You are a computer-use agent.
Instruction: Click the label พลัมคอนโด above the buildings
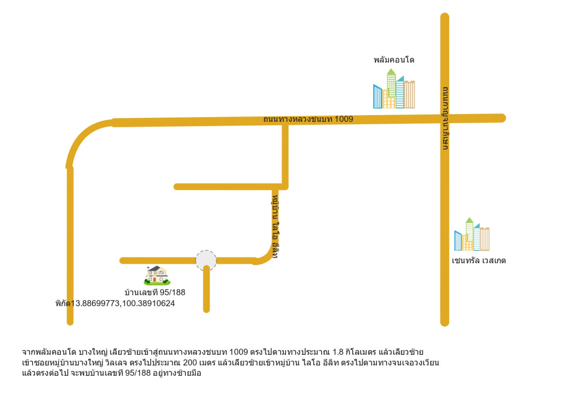click(393, 60)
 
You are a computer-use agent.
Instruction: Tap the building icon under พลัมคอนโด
click(393, 89)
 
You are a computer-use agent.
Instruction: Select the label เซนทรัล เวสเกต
click(479, 261)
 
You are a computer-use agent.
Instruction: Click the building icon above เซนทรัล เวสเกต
click(471, 234)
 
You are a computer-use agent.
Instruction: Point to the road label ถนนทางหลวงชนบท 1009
click(308, 119)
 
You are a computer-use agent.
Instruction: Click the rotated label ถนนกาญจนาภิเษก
click(445, 118)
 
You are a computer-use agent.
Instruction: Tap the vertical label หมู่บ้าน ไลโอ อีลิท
click(275, 226)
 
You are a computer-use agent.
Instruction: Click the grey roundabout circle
click(206, 260)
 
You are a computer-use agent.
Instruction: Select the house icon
click(157, 275)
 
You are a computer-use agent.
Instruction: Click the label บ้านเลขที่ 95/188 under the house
click(155, 292)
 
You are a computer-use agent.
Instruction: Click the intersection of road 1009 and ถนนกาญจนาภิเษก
click(445, 119)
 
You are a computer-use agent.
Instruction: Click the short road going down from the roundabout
click(207, 290)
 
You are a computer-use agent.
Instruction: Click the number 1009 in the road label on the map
click(344, 119)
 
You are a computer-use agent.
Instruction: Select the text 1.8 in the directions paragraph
click(338, 352)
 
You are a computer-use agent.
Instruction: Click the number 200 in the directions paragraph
click(190, 362)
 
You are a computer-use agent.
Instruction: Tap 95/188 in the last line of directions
click(138, 373)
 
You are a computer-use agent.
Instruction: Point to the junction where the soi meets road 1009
click(285, 121)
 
